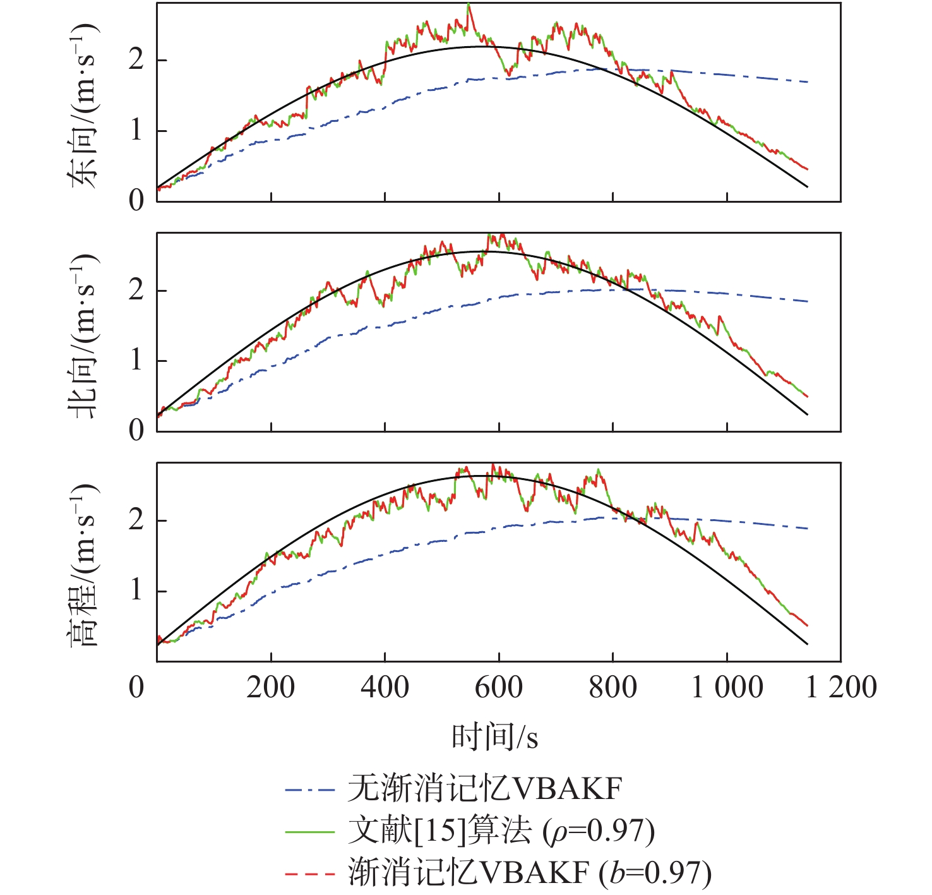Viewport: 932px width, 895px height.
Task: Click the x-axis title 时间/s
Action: click(494, 736)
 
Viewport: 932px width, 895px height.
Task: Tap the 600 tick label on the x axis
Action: click(499, 687)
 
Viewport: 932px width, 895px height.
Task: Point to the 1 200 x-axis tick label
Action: click(841, 687)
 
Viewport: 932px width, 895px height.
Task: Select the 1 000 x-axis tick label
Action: click(727, 687)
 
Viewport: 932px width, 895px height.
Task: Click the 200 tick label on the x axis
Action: click(270, 687)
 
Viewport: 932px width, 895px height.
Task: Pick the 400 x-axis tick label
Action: click(385, 687)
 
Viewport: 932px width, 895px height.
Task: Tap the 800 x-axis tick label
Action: click(613, 687)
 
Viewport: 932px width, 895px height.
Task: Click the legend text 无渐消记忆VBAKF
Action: click(485, 789)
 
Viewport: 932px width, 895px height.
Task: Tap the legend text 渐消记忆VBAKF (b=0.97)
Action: click(530, 873)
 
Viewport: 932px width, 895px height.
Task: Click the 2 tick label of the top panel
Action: click(136, 60)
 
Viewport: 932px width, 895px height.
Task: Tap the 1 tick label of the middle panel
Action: click(136, 361)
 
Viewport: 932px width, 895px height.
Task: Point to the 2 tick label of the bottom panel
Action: click(136, 520)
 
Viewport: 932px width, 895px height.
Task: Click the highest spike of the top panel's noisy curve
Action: click(469, 5)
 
